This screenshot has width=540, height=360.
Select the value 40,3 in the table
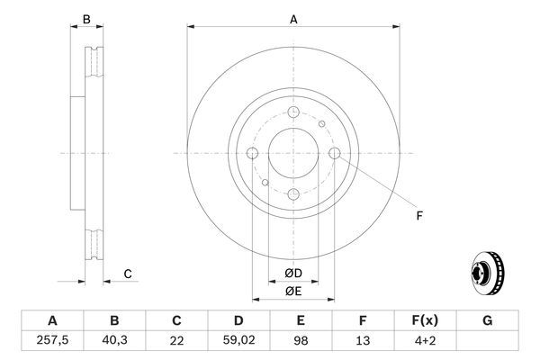pos(114,340)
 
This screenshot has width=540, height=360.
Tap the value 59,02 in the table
pos(239,340)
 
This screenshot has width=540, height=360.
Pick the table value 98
pos(301,340)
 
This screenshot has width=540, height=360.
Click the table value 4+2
pos(426,340)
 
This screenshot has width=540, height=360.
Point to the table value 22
pos(176,340)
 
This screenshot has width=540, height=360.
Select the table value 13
pos(364,340)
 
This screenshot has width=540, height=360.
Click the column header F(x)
pos(426,320)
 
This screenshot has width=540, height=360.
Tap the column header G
pos(488,320)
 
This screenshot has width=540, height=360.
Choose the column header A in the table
pos(51,320)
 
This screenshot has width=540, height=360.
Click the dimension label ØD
pos(292,273)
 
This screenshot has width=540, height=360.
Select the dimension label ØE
pos(292,291)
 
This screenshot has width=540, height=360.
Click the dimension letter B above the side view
pos(86,19)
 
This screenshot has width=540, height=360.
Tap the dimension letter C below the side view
pos(128,273)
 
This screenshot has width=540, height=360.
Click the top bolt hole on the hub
pos(293,112)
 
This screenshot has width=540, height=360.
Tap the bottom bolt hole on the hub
pos(293,195)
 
